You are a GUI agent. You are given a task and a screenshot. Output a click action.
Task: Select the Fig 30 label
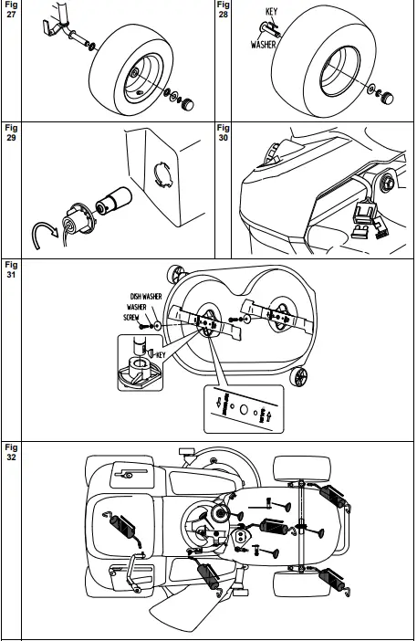pos(224,133)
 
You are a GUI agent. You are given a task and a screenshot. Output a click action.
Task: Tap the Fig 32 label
pos(11,453)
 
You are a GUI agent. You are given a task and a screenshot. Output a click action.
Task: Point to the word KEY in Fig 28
pos(270,12)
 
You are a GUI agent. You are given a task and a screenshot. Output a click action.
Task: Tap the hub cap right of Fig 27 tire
pos(191,103)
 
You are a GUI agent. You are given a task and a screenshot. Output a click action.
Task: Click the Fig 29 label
pos(11,133)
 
